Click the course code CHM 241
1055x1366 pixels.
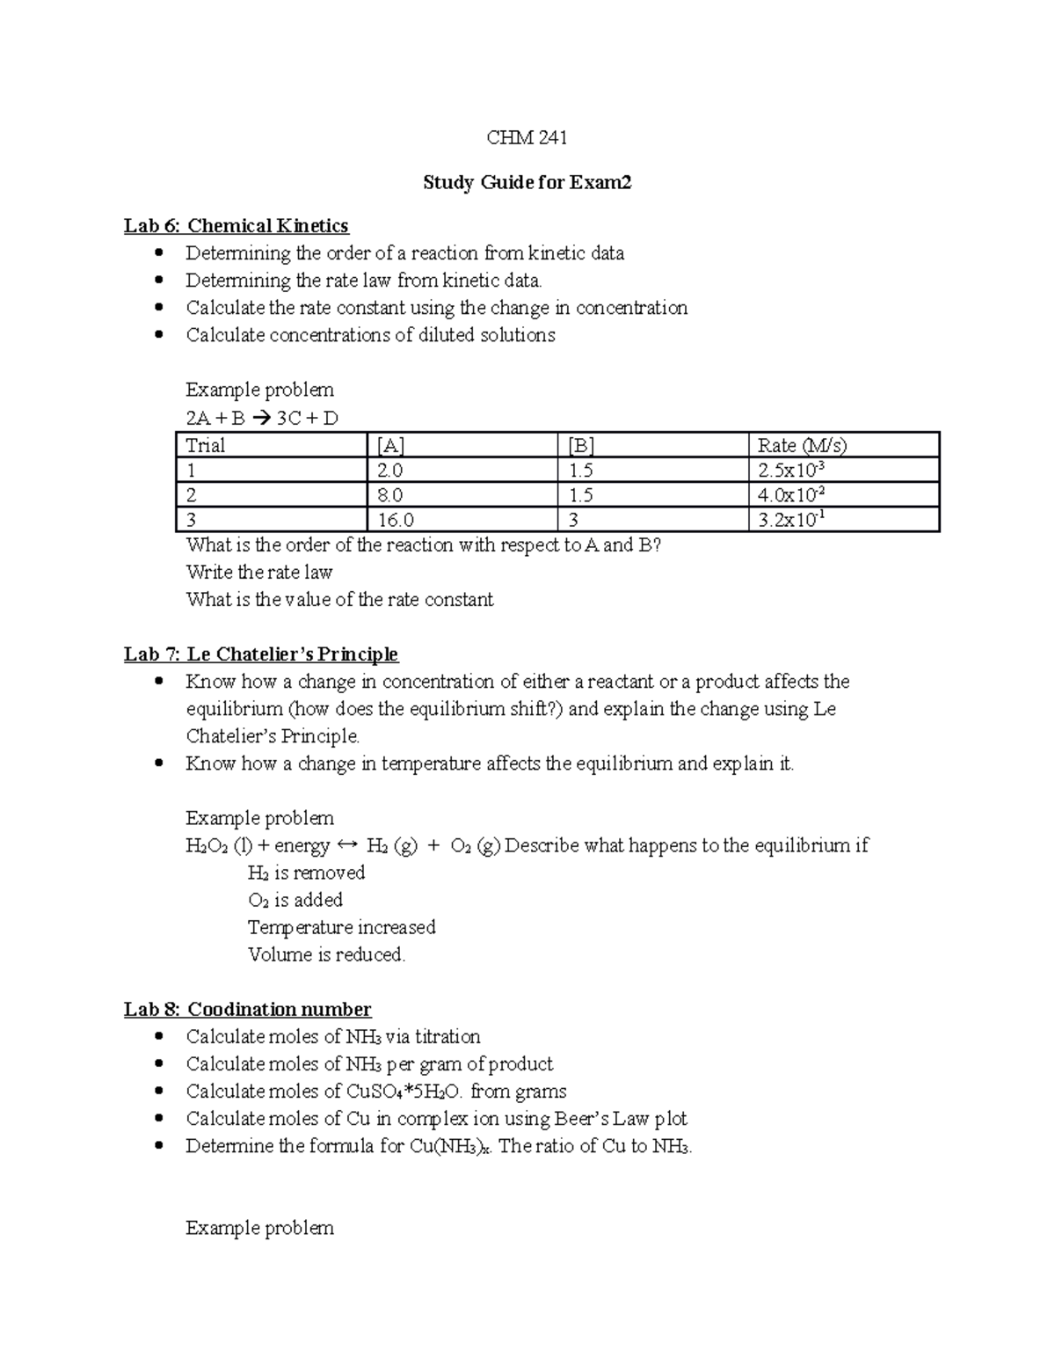point(527,137)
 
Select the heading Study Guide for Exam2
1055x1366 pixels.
point(527,182)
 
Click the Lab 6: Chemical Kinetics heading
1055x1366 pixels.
point(236,226)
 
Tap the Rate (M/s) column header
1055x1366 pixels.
point(802,445)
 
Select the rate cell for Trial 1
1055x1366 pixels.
point(791,470)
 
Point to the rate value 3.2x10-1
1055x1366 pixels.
point(791,520)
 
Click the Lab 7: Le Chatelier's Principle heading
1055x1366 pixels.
point(260,654)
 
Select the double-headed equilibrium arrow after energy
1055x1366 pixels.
point(347,845)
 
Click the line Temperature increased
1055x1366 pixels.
point(341,927)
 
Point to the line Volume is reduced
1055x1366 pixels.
point(326,954)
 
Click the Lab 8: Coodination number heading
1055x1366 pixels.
point(247,1009)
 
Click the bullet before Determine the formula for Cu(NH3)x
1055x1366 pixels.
point(159,1146)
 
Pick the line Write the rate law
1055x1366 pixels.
point(258,573)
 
